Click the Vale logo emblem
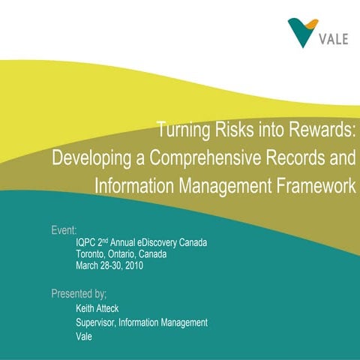tap(303, 31)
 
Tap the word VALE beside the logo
tap(332, 39)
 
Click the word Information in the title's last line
tap(136, 185)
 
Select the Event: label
tap(64, 229)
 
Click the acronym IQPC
tap(88, 244)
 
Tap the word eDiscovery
tap(160, 244)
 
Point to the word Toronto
tap(92, 254)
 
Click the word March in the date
tap(89, 265)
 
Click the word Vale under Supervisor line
tap(84, 336)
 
